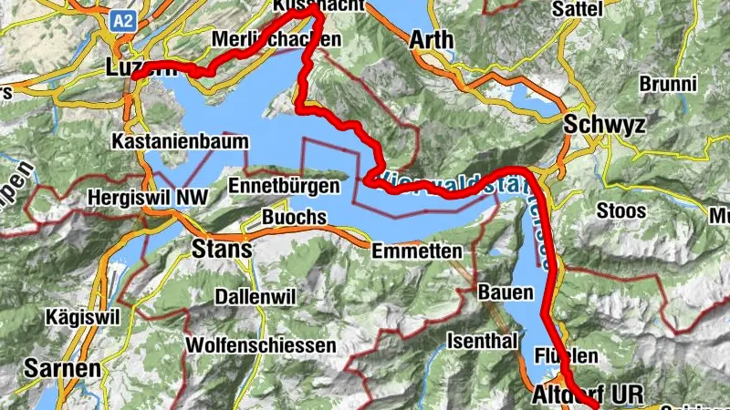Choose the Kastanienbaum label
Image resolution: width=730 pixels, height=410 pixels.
(x=170, y=142)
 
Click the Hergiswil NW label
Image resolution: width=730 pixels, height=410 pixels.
(x=147, y=197)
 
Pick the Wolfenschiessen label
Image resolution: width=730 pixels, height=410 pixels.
(x=261, y=346)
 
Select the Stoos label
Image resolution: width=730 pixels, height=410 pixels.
(x=620, y=211)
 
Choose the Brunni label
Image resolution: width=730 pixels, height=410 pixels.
(x=667, y=83)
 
